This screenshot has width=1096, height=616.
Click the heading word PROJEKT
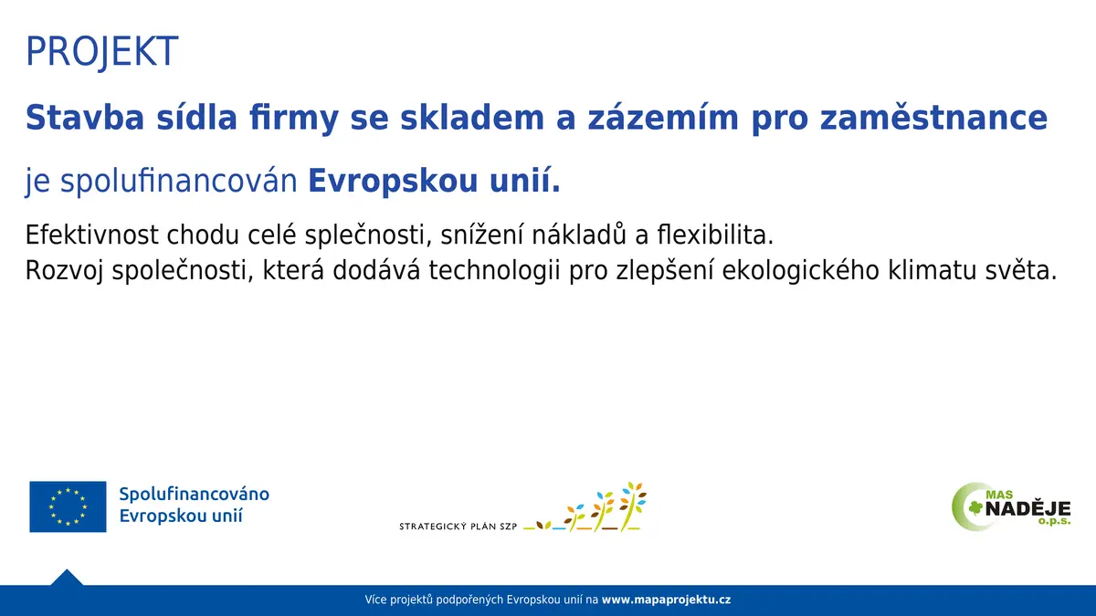[x=101, y=51]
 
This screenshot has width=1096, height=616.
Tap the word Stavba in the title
[x=85, y=118]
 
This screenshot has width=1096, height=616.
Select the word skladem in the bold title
[x=472, y=118]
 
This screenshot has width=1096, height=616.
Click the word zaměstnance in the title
[x=933, y=118]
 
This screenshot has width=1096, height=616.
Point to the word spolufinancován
[x=179, y=181]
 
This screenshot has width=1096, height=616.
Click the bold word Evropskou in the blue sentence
[x=393, y=181]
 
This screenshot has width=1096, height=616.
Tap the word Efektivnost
[x=92, y=235]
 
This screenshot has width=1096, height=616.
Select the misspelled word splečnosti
[x=368, y=235]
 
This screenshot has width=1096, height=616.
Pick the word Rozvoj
[x=64, y=270]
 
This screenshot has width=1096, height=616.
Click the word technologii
[x=495, y=270]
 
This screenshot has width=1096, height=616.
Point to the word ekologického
[x=801, y=270]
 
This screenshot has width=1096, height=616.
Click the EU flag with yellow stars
[x=68, y=506]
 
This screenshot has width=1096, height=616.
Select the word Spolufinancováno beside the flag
[x=195, y=495]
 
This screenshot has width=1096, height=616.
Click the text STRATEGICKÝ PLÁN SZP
[x=458, y=527]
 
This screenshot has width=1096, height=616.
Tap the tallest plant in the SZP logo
[x=632, y=506]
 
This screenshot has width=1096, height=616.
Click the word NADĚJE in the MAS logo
[x=1027, y=509]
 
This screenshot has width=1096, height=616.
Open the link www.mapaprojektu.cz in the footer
[x=667, y=600]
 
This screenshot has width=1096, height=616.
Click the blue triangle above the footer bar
[x=67, y=579]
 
